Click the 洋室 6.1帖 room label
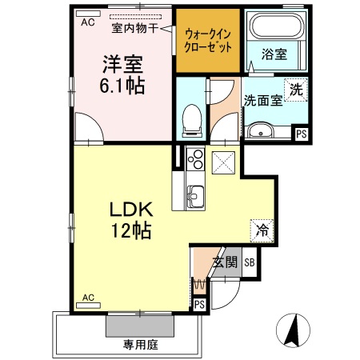(122, 73)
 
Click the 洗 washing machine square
(296, 90)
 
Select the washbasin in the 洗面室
(258, 131)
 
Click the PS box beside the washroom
(301, 134)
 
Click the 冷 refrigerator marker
(261, 229)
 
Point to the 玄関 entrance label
(224, 262)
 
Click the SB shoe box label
(249, 262)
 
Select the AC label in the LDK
(88, 298)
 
